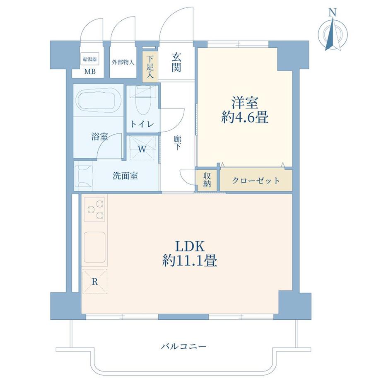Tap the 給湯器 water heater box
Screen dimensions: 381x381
click(x=89, y=59)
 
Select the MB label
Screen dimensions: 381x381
click(x=89, y=72)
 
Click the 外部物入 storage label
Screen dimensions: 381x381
click(x=123, y=63)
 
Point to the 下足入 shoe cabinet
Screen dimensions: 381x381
click(x=150, y=66)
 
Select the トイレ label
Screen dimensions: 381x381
click(x=142, y=124)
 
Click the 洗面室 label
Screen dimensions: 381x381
click(x=125, y=176)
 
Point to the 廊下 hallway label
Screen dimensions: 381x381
click(x=177, y=142)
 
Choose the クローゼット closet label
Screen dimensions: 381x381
click(x=256, y=181)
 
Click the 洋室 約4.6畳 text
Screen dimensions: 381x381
click(x=244, y=110)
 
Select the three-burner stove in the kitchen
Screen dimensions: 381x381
click(x=95, y=210)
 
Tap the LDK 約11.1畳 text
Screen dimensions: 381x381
click(x=190, y=253)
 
